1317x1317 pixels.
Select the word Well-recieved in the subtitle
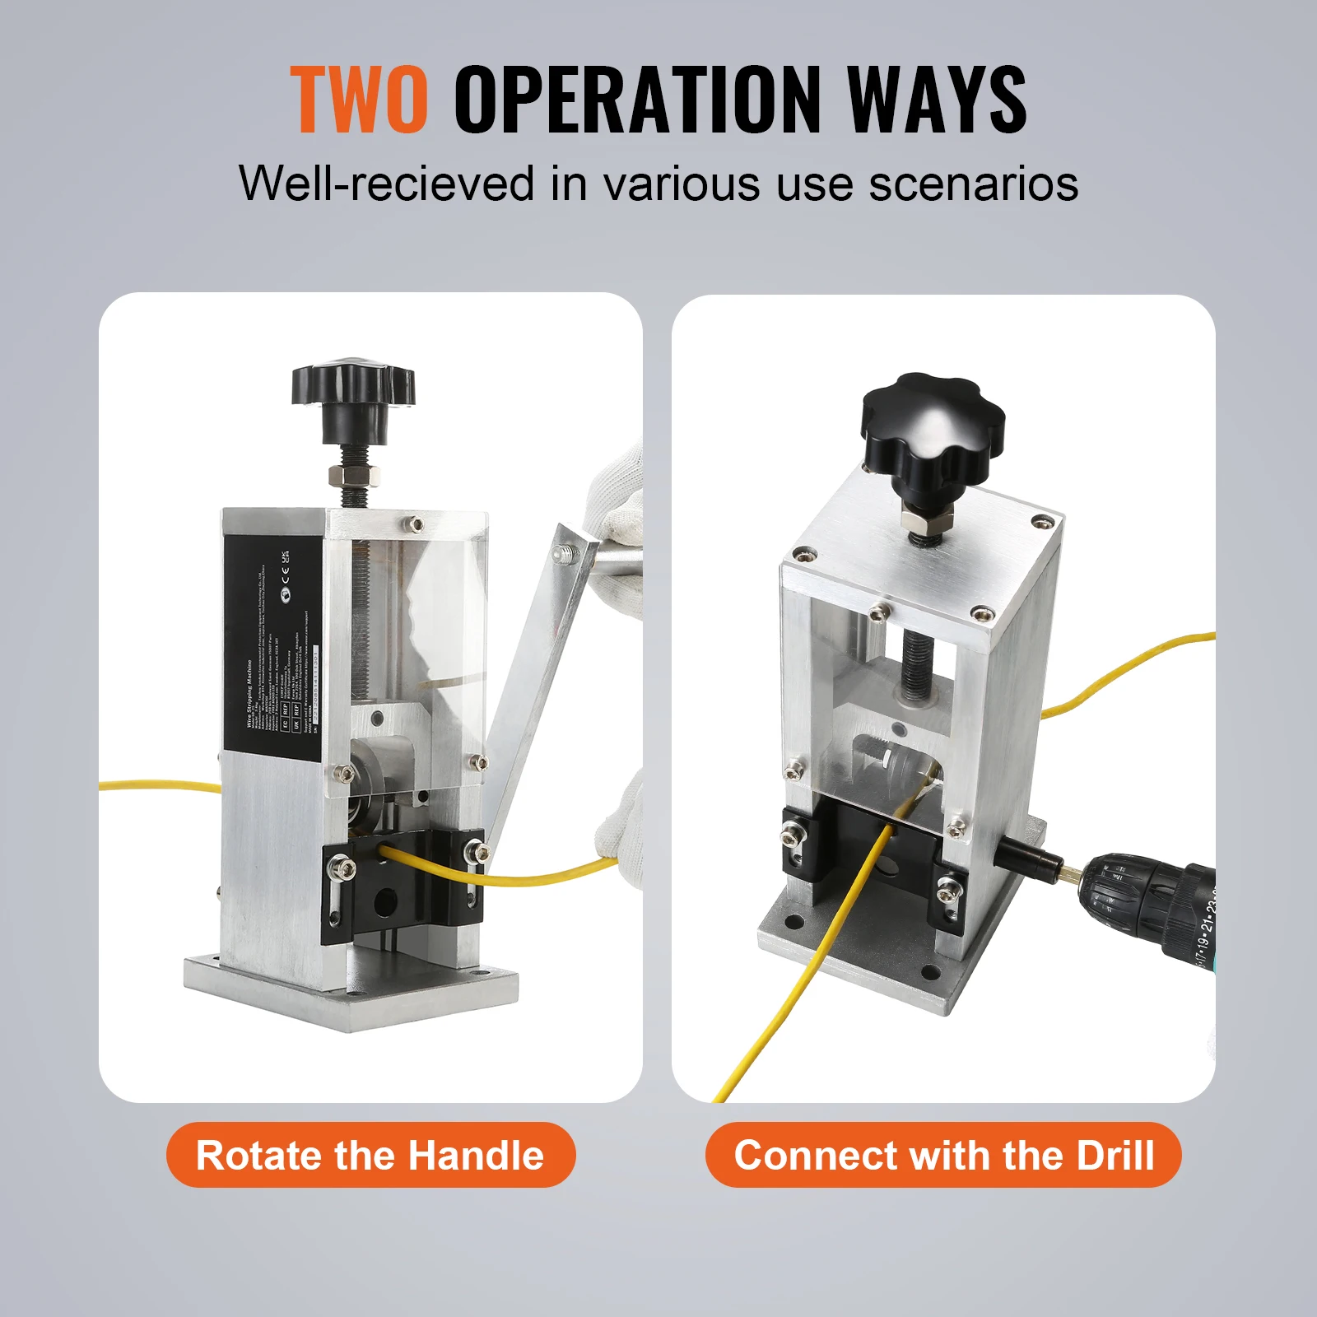(387, 183)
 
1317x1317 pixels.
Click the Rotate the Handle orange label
(370, 1155)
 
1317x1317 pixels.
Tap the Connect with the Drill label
(943, 1155)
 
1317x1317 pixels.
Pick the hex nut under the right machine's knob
(927, 519)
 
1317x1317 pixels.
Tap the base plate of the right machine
(873, 947)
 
